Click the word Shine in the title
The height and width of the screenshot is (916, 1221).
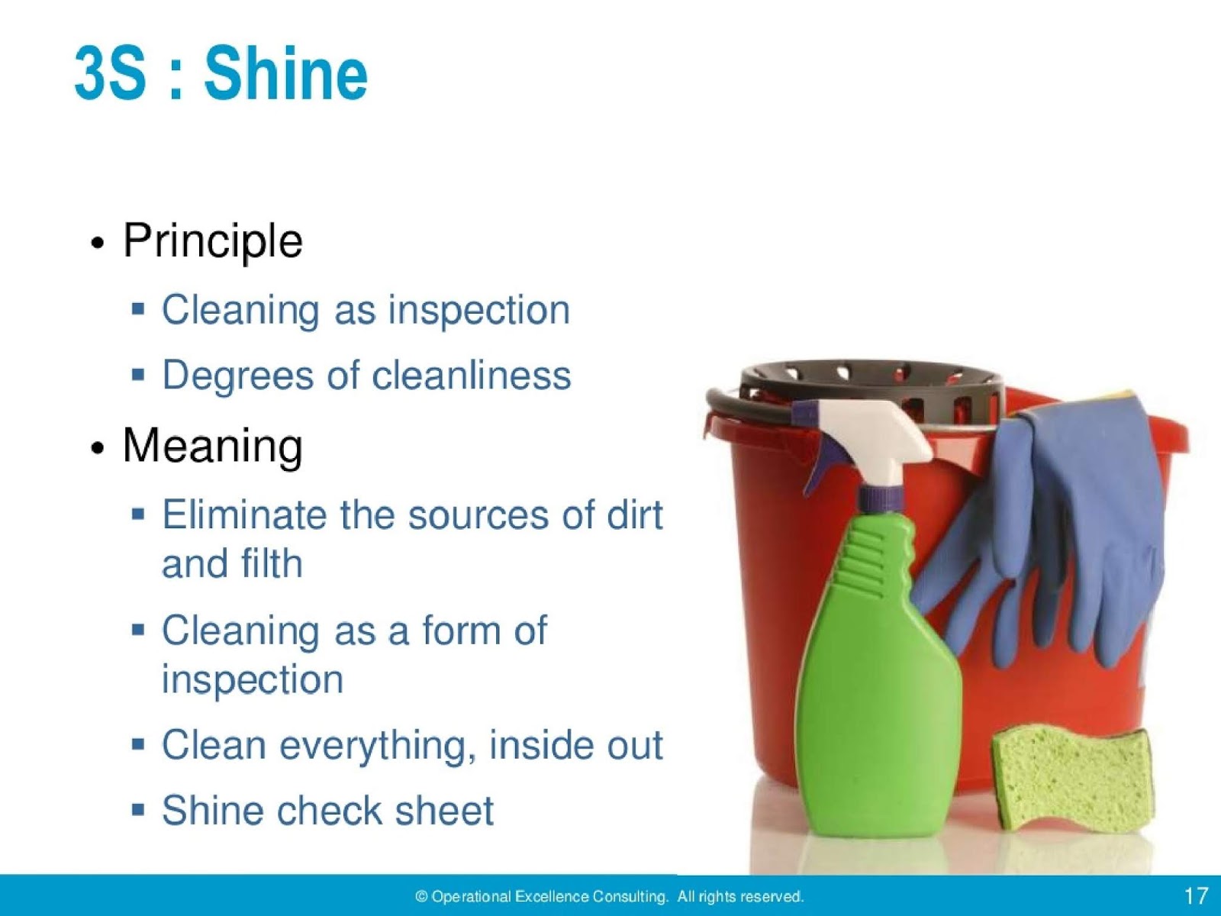pyautogui.click(x=285, y=73)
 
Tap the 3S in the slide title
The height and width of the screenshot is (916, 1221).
pyautogui.click(x=110, y=73)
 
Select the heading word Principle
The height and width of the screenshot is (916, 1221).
pyautogui.click(x=213, y=241)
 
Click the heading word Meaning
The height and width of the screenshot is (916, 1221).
pyautogui.click(x=213, y=446)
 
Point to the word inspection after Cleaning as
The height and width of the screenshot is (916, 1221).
pyautogui.click(x=478, y=311)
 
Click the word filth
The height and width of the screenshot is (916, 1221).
pyautogui.click(x=271, y=564)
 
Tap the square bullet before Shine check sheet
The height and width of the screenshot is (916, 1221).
pyautogui.click(x=138, y=808)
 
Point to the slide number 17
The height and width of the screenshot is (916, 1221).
pyautogui.click(x=1196, y=895)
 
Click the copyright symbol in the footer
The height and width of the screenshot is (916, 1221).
pyautogui.click(x=421, y=897)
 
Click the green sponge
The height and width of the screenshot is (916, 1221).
pyautogui.click(x=1072, y=779)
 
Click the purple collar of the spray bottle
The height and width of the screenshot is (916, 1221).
pyautogui.click(x=881, y=498)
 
